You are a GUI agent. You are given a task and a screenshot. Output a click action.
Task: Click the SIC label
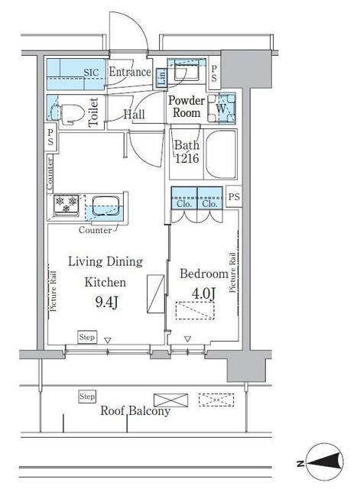tap(92, 73)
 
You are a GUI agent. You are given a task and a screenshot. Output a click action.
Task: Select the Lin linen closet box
tap(162, 76)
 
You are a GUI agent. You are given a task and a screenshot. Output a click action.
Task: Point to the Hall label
tap(135, 115)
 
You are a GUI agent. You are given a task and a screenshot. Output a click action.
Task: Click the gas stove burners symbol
tap(67, 205)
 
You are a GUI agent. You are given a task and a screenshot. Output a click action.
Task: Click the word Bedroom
tap(203, 274)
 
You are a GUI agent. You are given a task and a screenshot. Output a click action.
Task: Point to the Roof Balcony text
tap(135, 411)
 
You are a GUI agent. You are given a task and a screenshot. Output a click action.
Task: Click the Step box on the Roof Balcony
tap(87, 397)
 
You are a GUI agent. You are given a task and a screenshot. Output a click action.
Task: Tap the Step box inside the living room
tap(87, 337)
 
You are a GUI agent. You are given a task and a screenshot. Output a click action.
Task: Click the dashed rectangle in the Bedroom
tap(196, 311)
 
